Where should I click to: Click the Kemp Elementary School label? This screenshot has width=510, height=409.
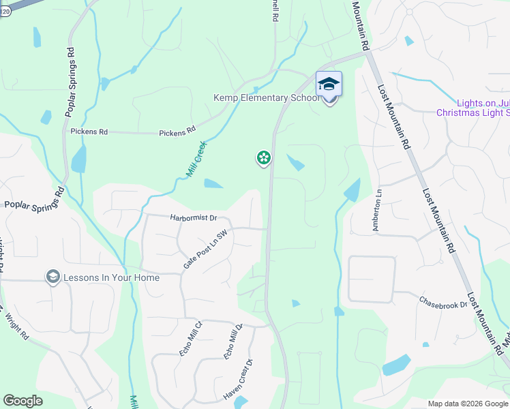(267, 98)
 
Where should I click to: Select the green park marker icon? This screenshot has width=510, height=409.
(263, 158)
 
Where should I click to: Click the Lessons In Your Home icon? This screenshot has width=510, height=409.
(52, 277)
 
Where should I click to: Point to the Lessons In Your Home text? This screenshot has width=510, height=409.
(111, 277)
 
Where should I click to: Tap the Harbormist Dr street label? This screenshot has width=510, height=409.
(192, 218)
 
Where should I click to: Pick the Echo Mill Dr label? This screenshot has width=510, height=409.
(234, 342)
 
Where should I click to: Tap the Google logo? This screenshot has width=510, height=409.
(23, 401)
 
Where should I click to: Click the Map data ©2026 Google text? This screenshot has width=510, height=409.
(467, 404)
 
